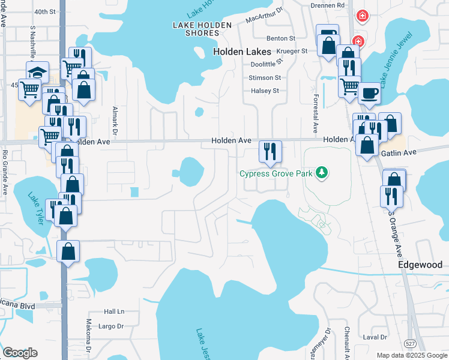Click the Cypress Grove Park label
(x=277, y=173)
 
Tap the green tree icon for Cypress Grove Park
(x=322, y=173)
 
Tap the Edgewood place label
(x=420, y=265)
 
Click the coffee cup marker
(x=369, y=94)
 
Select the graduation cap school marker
(x=37, y=73)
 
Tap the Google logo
(x=20, y=353)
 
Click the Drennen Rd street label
(x=328, y=5)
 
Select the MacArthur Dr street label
(x=264, y=16)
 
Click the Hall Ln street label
(x=113, y=311)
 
